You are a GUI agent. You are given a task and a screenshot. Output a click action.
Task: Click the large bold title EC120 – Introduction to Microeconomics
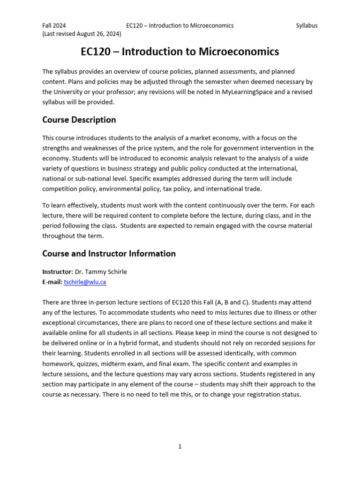[180, 52]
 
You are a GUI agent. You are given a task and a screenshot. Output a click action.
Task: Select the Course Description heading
[79, 120]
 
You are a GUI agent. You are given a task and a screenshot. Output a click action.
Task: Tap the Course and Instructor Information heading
[109, 254]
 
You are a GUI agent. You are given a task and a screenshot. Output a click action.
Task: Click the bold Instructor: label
[57, 272]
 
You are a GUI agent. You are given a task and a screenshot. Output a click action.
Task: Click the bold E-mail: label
[52, 282]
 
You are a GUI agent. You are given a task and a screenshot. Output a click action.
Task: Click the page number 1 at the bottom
[180, 447]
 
